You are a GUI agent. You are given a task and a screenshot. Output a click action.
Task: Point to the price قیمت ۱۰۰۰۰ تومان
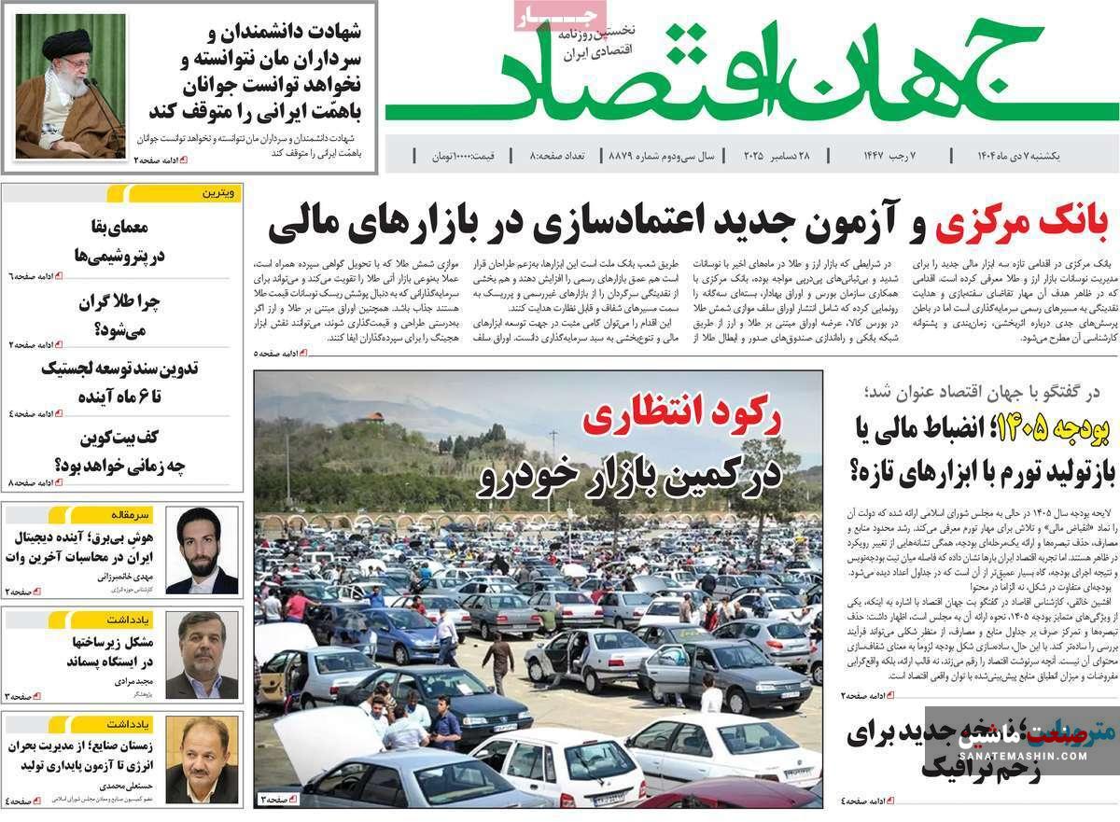[463, 155]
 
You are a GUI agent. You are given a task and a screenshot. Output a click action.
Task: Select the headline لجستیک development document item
[121, 382]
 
